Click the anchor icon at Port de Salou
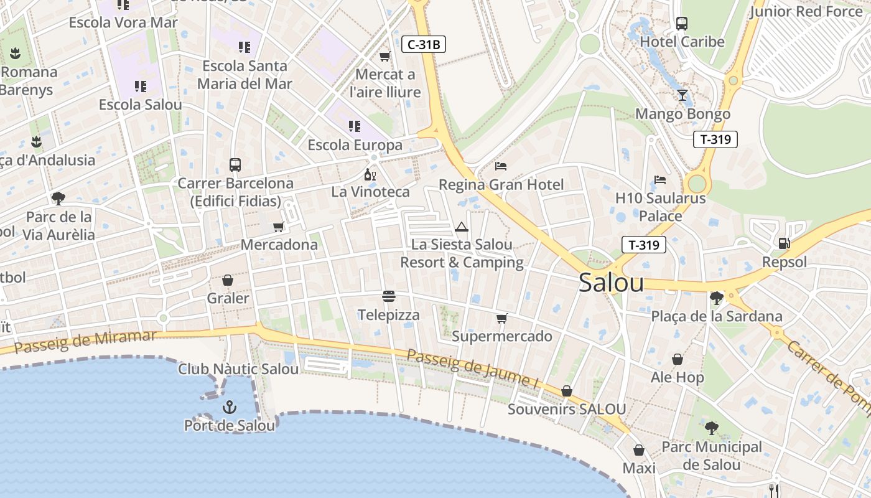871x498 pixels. (230, 408)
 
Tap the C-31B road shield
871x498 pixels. (424, 44)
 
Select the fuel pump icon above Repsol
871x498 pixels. (784, 243)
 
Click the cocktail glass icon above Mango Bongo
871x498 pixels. (682, 95)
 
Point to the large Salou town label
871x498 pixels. (611, 283)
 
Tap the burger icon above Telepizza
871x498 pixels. (389, 296)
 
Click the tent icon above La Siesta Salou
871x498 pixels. (461, 227)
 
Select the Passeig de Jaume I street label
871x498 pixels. (472, 370)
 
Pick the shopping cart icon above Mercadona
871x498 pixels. (278, 227)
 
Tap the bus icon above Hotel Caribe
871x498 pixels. (682, 24)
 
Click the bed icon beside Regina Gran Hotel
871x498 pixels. (501, 166)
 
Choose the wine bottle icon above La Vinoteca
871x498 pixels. (370, 174)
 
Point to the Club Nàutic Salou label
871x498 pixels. (238, 369)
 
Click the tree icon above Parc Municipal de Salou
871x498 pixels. (711, 428)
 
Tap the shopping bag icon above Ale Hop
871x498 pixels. (677, 359)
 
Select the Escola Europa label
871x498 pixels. (355, 145)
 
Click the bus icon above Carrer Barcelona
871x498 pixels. (235, 165)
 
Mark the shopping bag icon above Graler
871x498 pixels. (228, 280)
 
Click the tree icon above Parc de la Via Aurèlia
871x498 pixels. (58, 199)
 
